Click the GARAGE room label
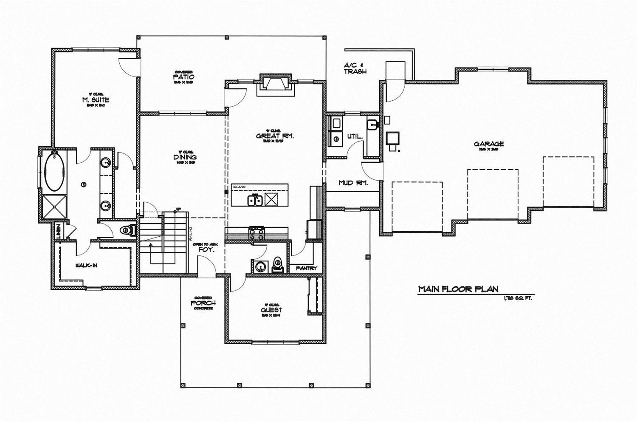[489, 144]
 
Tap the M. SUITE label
[96, 100]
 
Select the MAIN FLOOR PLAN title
[458, 289]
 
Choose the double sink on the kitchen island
[255, 200]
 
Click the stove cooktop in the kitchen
[256, 233]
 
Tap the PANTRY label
[307, 268]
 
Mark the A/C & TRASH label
[355, 68]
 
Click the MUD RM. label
[353, 183]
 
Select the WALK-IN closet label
[87, 266]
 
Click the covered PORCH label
[203, 303]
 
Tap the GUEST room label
[271, 310]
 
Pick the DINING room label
[185, 157]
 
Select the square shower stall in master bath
[54, 207]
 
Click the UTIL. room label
[355, 136]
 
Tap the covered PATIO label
[183, 77]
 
